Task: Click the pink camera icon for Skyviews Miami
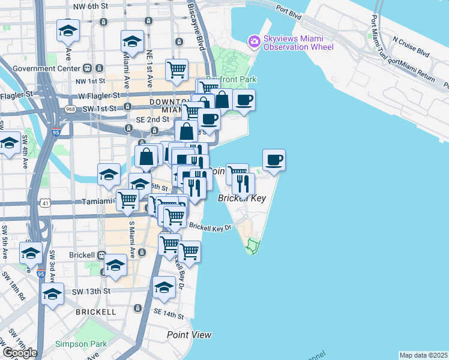(253, 41)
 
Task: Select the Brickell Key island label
(241, 198)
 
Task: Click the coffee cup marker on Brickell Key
(274, 160)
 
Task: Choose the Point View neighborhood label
(189, 335)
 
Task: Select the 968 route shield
(70, 109)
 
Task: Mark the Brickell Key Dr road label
(211, 227)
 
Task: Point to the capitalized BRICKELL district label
(96, 312)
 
